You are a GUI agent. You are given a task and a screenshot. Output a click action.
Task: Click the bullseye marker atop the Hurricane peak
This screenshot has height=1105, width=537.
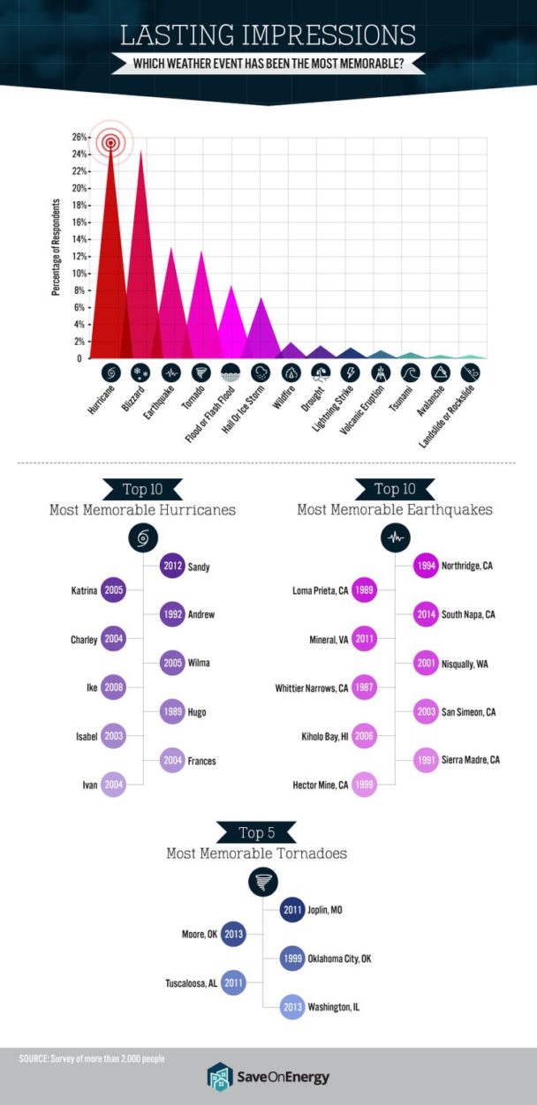[x=111, y=142]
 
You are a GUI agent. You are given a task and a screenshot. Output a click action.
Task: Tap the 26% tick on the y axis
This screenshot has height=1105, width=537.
[x=79, y=138]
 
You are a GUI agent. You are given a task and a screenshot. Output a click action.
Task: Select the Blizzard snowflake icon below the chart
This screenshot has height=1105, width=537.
[x=140, y=372]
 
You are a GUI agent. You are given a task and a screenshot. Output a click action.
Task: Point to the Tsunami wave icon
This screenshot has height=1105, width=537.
[x=410, y=372]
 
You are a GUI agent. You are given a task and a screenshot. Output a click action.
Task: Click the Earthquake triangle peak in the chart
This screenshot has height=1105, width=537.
[x=171, y=251]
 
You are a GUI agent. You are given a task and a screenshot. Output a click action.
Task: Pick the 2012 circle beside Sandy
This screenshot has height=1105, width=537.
[x=172, y=567]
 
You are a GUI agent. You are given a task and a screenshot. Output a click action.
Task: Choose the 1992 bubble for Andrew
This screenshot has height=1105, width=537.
[x=172, y=614]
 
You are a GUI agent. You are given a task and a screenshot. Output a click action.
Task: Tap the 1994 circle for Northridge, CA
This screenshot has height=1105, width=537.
[x=427, y=567]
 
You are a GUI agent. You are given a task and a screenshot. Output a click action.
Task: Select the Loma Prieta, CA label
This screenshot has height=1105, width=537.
[x=319, y=590]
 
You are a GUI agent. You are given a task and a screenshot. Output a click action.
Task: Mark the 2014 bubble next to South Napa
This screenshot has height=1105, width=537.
[x=427, y=614]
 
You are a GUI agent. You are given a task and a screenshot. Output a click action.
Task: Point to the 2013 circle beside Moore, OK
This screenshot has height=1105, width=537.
[x=233, y=934]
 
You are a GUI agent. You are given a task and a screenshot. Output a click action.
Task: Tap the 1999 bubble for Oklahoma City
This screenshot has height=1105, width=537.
[x=293, y=958]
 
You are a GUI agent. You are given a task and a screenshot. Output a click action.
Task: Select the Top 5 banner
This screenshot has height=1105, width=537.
[x=262, y=832]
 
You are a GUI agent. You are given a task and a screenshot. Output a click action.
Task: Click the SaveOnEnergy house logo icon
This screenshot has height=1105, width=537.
[x=218, y=1077]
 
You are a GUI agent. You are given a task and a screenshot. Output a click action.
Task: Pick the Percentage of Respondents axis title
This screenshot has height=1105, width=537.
[x=55, y=248]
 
